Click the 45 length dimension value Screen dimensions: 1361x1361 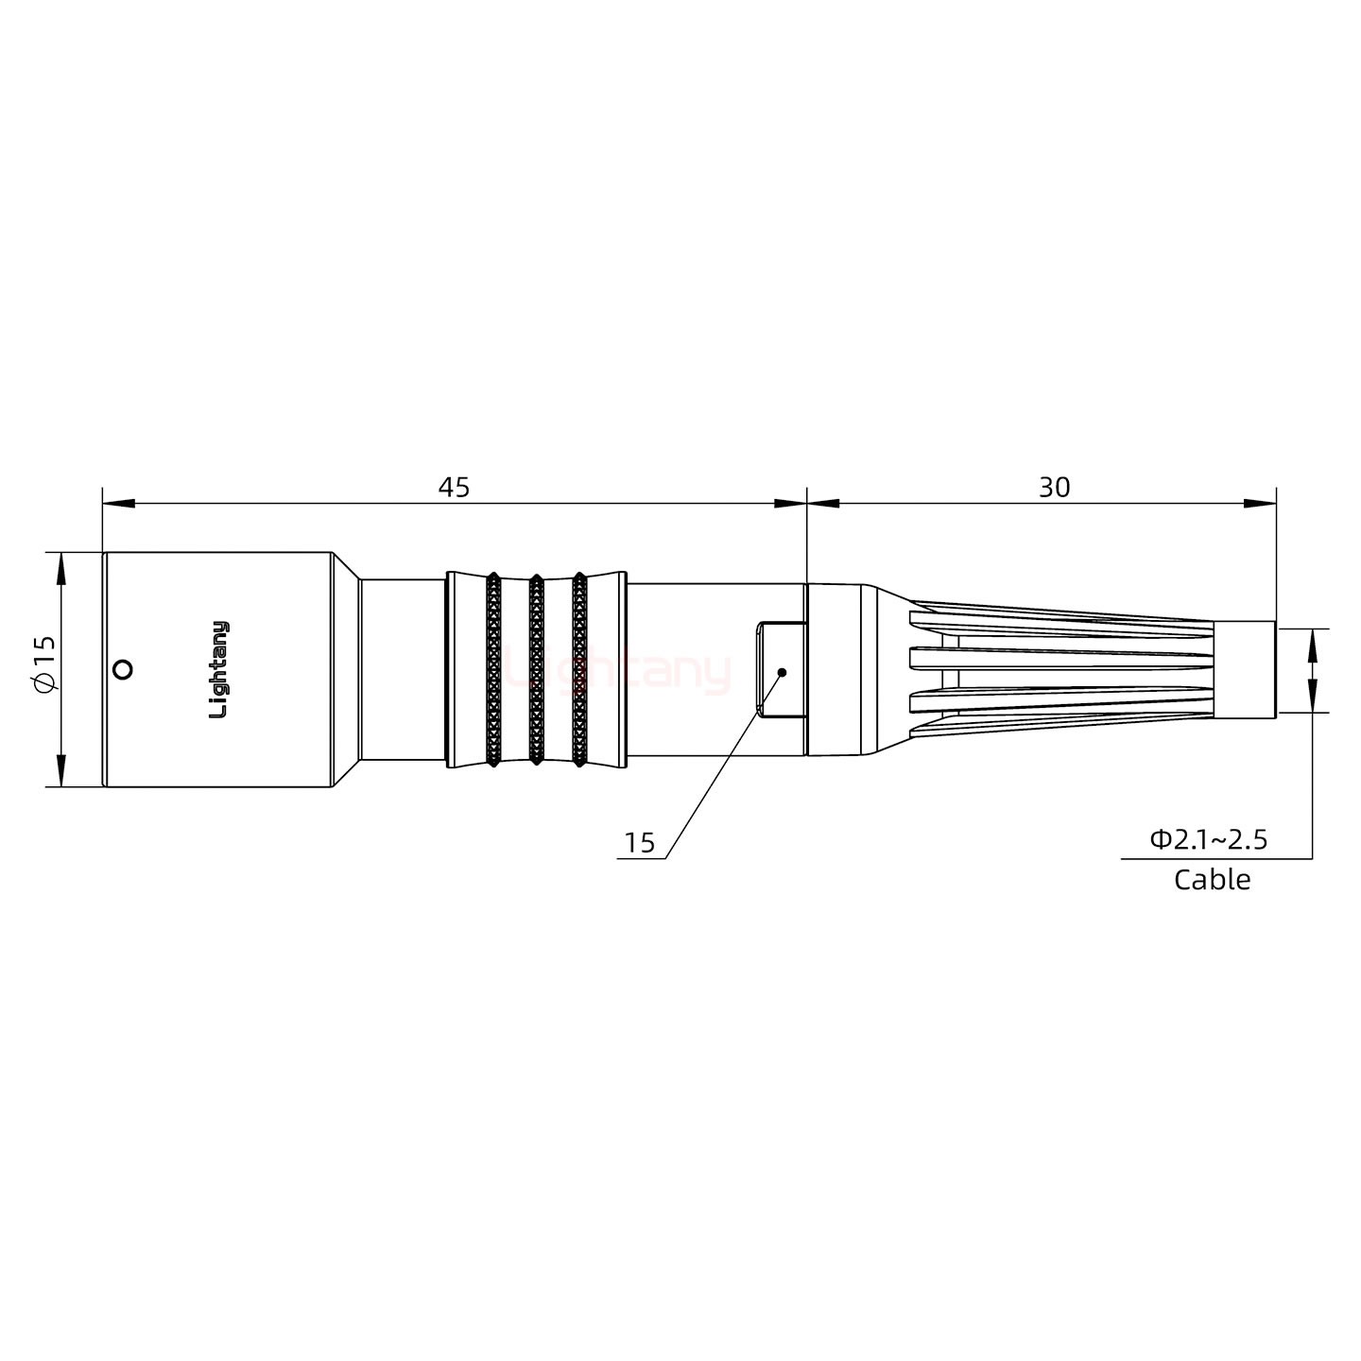click(x=454, y=487)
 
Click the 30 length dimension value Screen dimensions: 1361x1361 click(x=1054, y=487)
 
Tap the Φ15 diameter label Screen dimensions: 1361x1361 click(x=44, y=669)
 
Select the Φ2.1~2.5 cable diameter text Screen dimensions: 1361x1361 click(x=1208, y=838)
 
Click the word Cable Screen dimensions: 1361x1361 click(x=1212, y=880)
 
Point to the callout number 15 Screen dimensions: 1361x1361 click(x=640, y=843)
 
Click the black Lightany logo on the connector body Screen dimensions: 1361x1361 click(x=218, y=669)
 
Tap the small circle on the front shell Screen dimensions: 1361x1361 click(x=121, y=670)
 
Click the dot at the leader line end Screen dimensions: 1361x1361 click(x=782, y=672)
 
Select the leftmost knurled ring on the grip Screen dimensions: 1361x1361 click(x=492, y=669)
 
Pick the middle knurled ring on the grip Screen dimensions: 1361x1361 click(x=536, y=669)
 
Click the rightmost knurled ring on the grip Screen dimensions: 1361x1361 click(x=578, y=669)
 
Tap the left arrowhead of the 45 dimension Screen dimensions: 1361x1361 click(x=118, y=503)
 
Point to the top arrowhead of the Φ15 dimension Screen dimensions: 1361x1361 click(x=61, y=568)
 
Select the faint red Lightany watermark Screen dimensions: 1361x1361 click(x=619, y=671)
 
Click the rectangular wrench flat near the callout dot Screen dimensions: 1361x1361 click(x=781, y=669)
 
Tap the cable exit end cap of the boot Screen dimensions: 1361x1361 click(x=1245, y=669)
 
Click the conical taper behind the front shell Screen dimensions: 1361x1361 click(x=346, y=669)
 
